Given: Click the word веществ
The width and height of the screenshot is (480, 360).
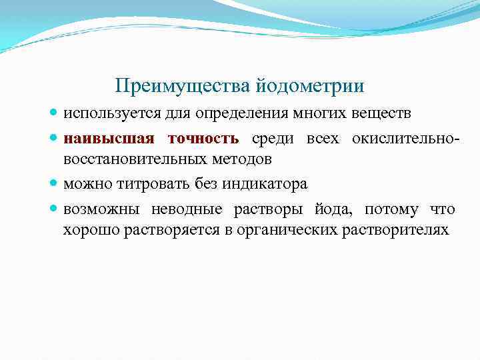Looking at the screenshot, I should click(x=386, y=114).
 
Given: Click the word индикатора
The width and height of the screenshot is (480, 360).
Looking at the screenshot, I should click(x=267, y=183).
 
